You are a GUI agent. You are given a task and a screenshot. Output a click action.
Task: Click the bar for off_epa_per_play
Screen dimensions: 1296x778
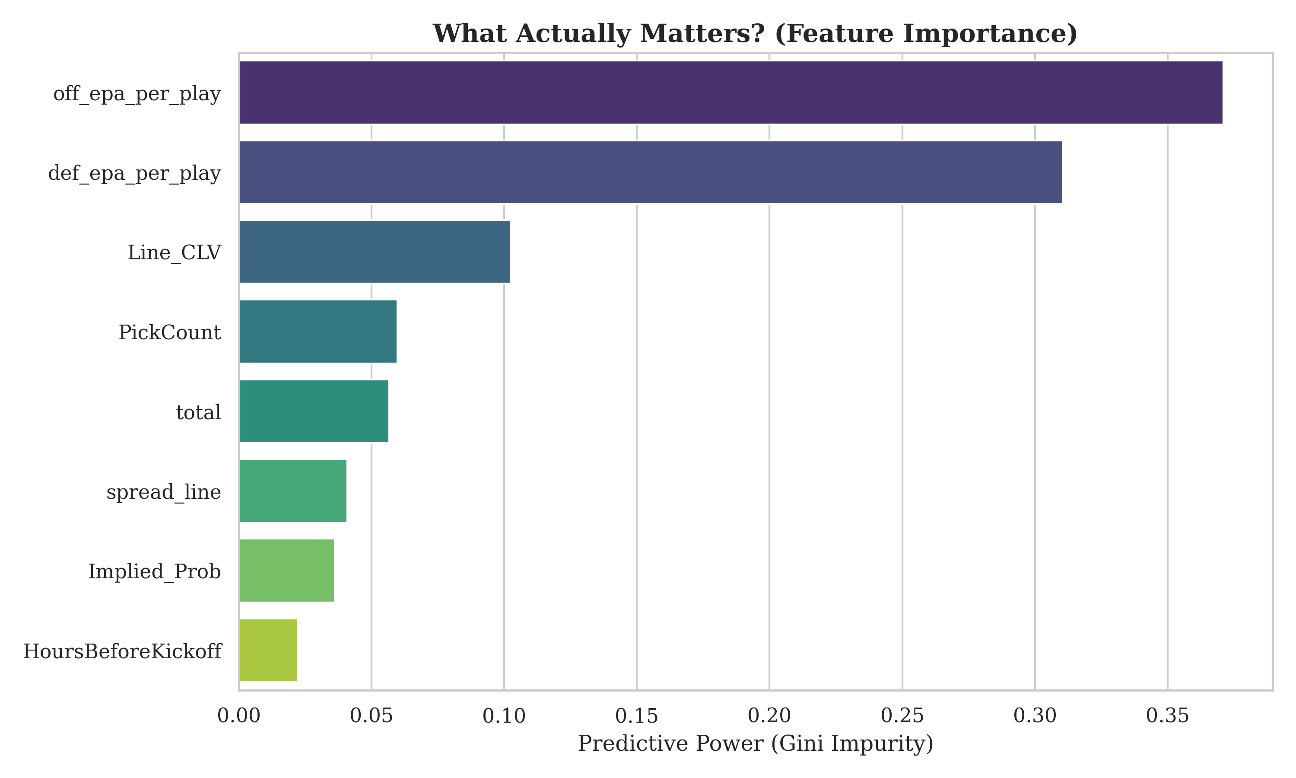731,92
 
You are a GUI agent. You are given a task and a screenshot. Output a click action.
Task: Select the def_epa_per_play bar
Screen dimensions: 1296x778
651,172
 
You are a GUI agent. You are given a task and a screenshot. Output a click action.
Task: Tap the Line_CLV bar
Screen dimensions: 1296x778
375,252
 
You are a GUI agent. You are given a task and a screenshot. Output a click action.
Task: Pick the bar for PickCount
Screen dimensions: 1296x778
318,332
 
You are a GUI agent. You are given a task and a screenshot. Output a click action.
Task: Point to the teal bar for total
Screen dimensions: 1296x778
314,411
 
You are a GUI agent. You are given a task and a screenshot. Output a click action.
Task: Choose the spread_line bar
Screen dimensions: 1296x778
293,491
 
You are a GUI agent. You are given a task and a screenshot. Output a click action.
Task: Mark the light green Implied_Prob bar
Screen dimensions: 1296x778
286,571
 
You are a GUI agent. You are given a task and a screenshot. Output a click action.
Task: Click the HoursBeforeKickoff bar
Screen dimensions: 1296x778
268,650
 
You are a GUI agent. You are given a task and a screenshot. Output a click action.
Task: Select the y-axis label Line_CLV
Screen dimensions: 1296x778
175,253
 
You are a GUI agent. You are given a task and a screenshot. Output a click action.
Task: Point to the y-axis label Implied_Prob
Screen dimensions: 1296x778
155,572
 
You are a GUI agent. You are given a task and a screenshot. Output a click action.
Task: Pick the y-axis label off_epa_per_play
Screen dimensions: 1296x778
137,94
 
